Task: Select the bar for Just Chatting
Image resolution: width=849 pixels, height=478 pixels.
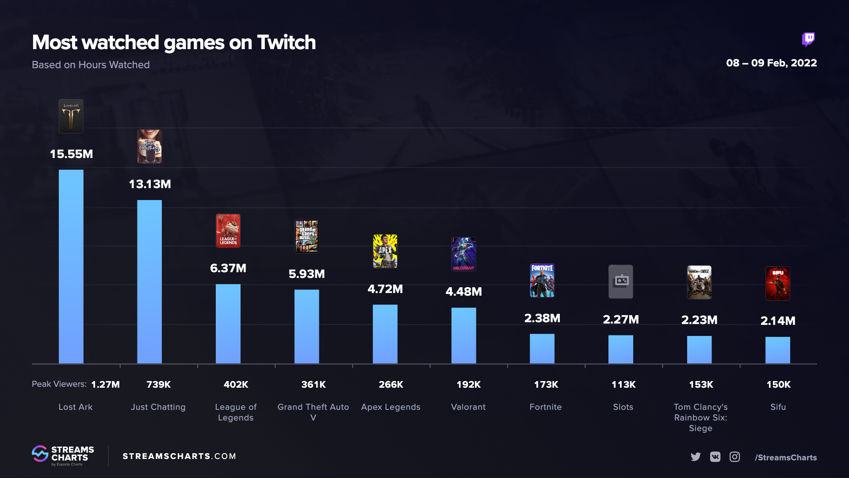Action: (x=149, y=281)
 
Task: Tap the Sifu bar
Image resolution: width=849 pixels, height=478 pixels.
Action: (x=778, y=350)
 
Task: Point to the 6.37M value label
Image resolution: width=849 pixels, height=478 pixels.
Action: (x=228, y=268)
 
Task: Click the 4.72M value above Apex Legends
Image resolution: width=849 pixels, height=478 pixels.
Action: (x=385, y=289)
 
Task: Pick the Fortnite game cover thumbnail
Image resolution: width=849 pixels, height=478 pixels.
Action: (x=542, y=281)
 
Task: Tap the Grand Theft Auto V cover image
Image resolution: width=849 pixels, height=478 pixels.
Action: (x=306, y=236)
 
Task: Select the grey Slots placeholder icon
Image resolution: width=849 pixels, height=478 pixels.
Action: (x=621, y=281)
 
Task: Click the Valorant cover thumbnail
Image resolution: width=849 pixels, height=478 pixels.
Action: (x=464, y=254)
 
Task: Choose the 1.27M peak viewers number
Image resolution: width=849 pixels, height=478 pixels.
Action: (x=105, y=385)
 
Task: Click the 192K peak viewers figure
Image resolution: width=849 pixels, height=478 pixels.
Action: (x=469, y=385)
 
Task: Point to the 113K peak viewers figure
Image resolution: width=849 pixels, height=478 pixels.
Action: (x=623, y=385)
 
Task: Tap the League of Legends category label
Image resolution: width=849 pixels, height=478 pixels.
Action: (x=236, y=412)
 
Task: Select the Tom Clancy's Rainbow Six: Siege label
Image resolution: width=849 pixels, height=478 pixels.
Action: (x=700, y=417)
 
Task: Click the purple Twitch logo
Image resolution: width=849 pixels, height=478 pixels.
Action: (x=808, y=39)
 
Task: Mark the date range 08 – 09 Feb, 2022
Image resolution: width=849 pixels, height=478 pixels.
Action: (x=771, y=63)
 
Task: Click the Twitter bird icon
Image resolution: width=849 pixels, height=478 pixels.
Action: (x=696, y=457)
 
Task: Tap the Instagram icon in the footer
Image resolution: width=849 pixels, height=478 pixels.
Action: (x=734, y=457)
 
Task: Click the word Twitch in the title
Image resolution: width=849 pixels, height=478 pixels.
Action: (x=287, y=42)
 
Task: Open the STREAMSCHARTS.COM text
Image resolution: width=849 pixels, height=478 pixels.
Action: (x=179, y=456)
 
